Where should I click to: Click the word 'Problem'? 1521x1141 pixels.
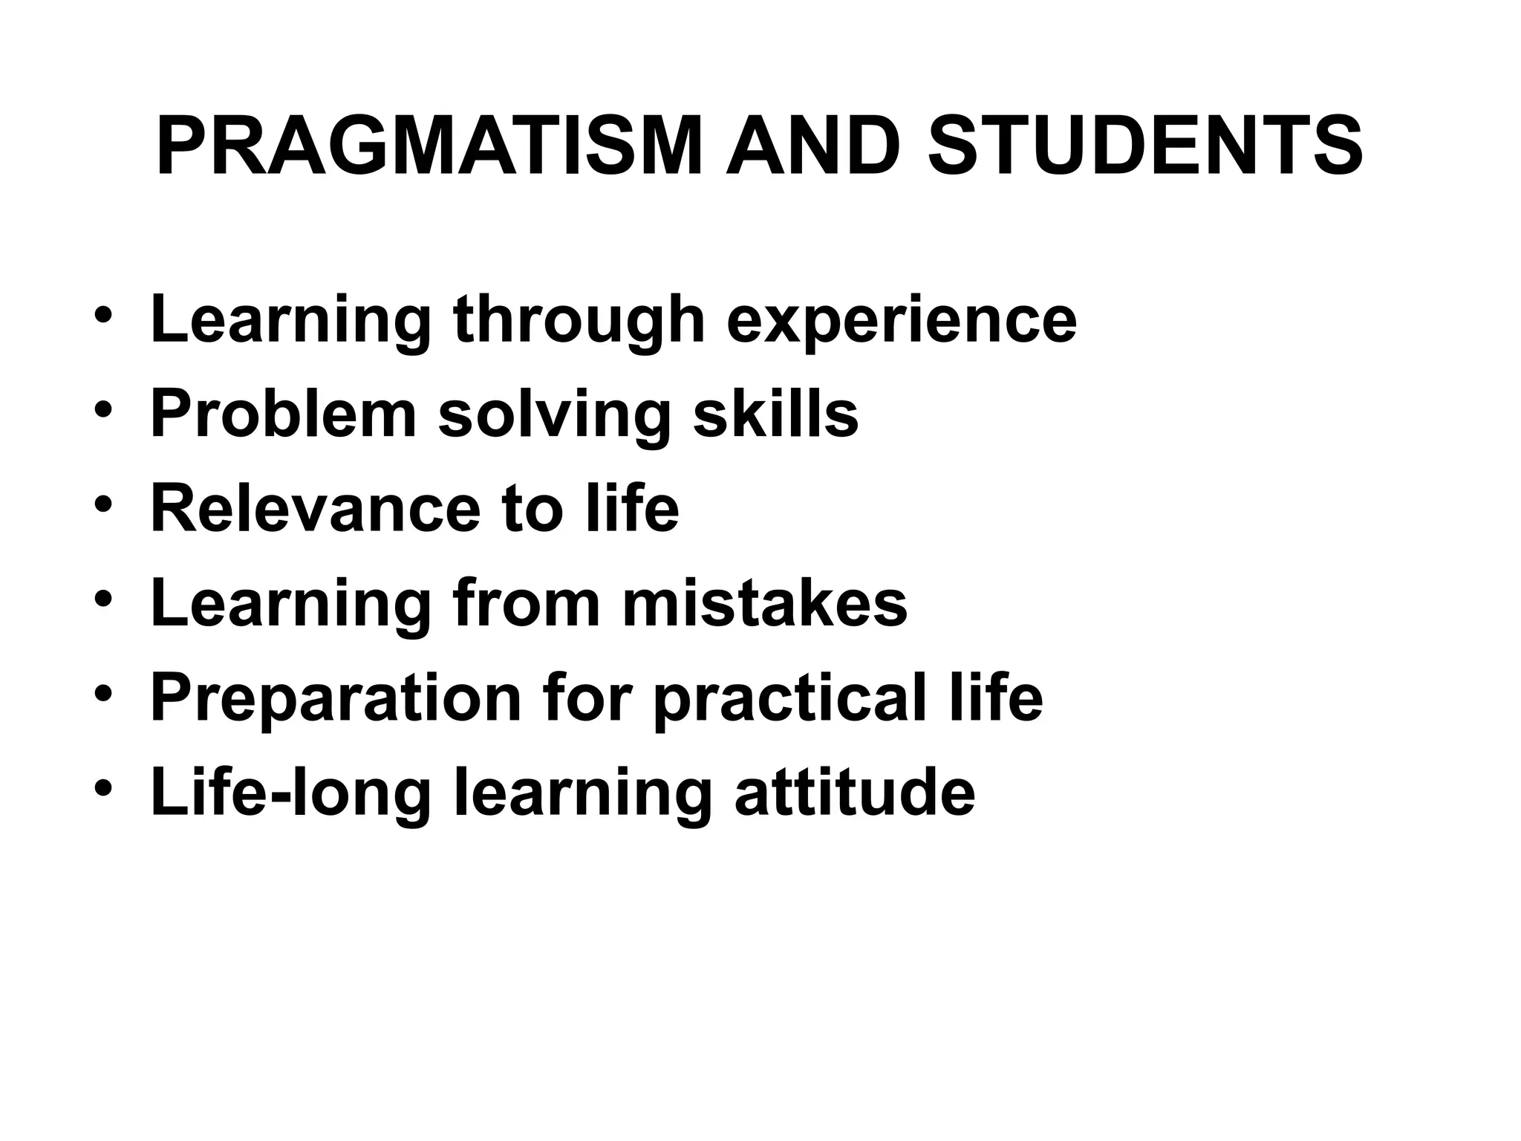[x=283, y=414]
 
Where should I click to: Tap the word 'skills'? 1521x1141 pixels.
[x=775, y=414]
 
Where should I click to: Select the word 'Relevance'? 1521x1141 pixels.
[x=316, y=509]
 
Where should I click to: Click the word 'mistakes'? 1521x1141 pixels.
[x=765, y=604]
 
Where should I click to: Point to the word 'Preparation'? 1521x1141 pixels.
[x=336, y=700]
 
